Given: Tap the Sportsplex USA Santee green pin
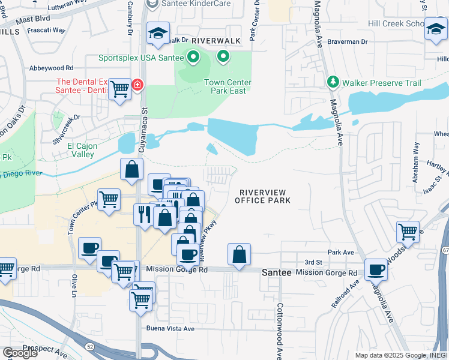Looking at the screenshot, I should pos(193,58).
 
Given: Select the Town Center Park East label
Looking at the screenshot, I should pos(227,87).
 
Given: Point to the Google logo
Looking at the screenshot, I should pos(19,353).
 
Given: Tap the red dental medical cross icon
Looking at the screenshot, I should pos(138,85).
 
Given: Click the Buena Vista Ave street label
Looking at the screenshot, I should pos(171,329).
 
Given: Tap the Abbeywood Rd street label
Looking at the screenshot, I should pos(51,68).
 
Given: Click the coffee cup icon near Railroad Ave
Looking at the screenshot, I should pos(376,269).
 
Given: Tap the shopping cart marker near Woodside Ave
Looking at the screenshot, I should pos(408,231).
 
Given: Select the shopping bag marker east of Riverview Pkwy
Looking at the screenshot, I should pos(239,254).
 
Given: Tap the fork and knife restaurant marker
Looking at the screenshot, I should pos(144,214).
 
